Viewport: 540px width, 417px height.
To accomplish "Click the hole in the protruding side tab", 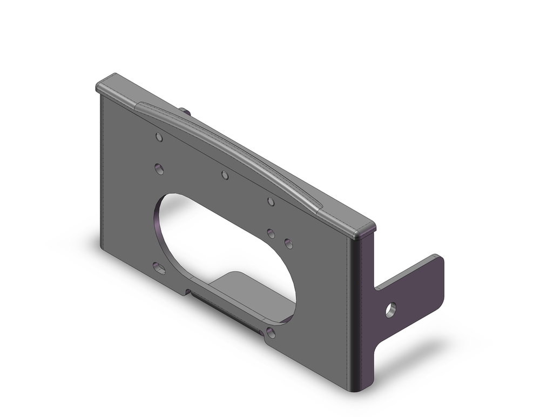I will click(x=390, y=310).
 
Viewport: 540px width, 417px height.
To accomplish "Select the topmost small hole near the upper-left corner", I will click(x=159, y=137).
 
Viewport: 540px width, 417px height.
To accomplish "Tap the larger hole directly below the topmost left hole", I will click(x=159, y=170).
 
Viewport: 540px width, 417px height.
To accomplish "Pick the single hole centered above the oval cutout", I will click(x=225, y=175).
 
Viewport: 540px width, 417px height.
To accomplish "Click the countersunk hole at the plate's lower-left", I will click(x=159, y=267).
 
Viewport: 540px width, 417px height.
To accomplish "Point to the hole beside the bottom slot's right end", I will click(x=271, y=333).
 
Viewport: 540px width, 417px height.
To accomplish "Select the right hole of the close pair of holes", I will click(x=288, y=243).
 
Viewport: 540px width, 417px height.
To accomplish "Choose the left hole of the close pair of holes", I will click(x=271, y=233).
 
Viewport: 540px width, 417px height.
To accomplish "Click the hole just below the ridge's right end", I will click(x=271, y=201).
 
